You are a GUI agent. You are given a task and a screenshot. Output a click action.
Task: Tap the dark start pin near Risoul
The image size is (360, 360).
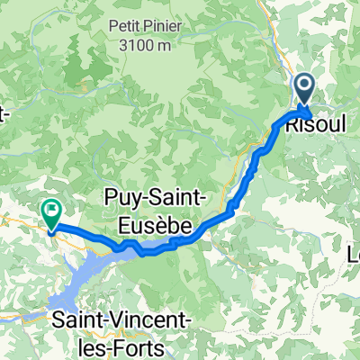coord(303,91)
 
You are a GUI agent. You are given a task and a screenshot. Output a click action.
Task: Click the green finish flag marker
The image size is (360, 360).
coord(50,211)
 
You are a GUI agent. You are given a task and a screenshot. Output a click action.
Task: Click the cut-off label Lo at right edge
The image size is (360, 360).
coord(353,256)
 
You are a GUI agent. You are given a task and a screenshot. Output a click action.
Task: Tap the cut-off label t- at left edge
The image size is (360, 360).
coord(4,115)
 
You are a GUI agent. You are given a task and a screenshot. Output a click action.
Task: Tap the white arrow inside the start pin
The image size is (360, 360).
coord(303,88)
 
